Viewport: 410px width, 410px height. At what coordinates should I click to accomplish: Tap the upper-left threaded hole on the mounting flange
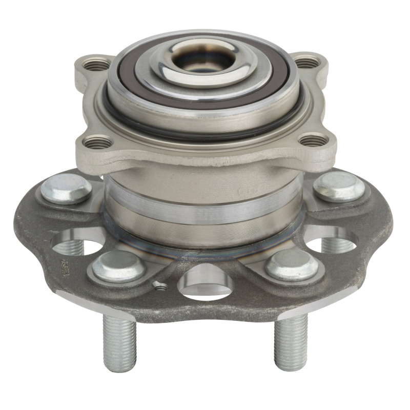click(97, 65)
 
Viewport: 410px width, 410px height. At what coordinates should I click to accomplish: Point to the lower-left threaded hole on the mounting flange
click(97, 142)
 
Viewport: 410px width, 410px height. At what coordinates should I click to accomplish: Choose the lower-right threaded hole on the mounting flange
click(313, 139)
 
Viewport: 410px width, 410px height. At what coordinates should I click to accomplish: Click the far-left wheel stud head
click(66, 188)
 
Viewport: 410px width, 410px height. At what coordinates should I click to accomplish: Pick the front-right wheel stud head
click(290, 264)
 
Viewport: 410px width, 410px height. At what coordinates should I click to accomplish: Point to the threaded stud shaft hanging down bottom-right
click(291, 341)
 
